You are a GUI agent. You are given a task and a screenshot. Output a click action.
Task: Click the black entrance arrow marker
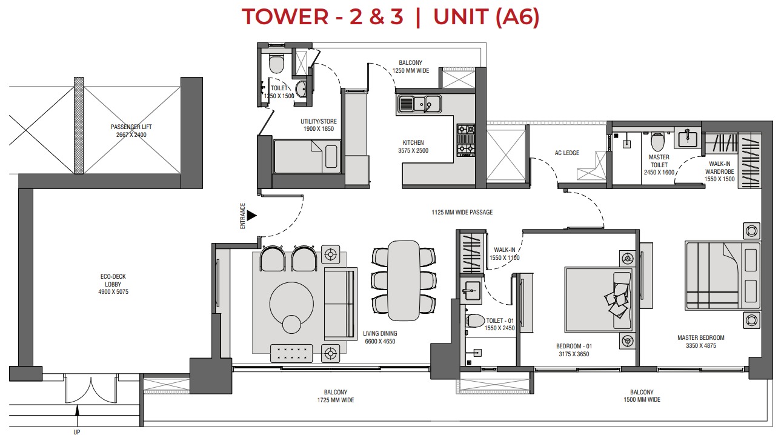(251, 216)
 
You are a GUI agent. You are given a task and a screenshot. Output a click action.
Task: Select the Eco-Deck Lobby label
(114, 284)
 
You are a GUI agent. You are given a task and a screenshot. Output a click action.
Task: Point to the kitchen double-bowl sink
(419, 104)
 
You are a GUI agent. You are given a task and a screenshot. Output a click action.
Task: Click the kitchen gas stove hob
(465, 140)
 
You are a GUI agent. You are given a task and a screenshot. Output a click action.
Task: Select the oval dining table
(403, 280)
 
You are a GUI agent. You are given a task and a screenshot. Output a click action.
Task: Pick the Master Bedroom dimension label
(700, 342)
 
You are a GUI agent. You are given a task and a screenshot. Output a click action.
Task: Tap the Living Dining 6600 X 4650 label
(380, 337)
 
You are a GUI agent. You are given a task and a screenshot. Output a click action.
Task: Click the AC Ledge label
(566, 153)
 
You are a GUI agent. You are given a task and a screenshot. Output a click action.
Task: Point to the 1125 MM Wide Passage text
(462, 213)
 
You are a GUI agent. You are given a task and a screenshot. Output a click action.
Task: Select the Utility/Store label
(319, 125)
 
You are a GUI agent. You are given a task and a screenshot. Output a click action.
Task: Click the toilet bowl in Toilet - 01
(476, 321)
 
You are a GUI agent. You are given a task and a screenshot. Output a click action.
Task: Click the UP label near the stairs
(76, 431)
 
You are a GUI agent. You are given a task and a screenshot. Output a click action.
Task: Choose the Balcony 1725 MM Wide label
(335, 396)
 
